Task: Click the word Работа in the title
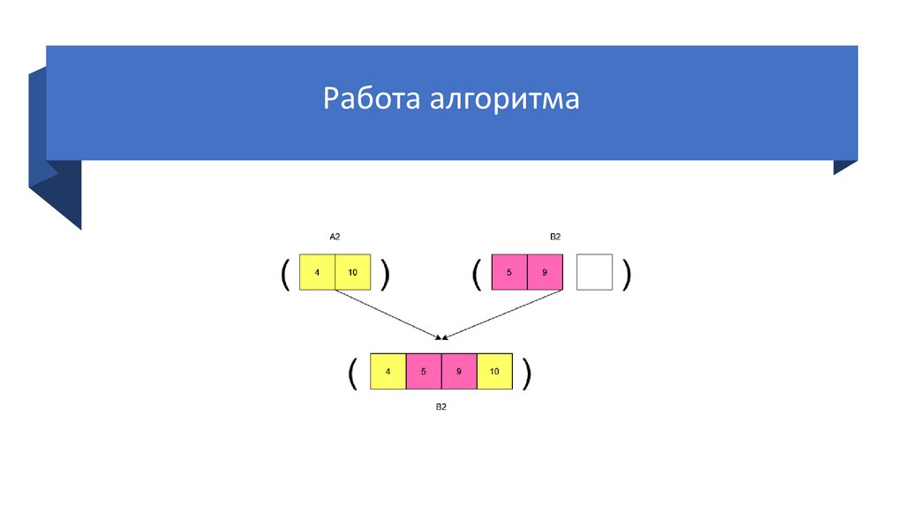372,99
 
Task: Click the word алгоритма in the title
505,99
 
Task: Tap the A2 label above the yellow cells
335,237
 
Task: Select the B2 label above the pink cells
555,237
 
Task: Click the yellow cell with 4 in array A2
318,273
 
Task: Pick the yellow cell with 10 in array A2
353,273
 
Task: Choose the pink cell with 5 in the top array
509,273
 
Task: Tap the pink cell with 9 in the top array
545,273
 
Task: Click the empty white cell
594,273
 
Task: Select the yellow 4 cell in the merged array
388,372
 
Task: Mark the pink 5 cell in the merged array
424,372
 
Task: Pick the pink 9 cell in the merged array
459,372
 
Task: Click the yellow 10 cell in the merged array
494,372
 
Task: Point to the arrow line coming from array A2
388,314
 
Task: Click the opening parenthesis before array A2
285,274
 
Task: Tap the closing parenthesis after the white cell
626,274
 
